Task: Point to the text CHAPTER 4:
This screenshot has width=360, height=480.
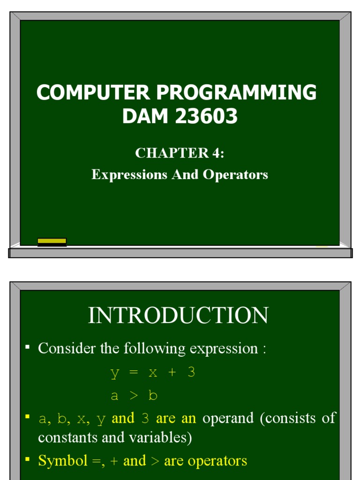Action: pyautogui.click(x=180, y=153)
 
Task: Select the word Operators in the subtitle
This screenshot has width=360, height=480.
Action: pyautogui.click(x=235, y=174)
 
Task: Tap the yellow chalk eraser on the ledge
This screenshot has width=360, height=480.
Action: pyautogui.click(x=52, y=241)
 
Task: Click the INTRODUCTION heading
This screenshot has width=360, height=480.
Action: pyautogui.click(x=178, y=315)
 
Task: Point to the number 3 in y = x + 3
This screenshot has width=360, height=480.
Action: pyautogui.click(x=191, y=373)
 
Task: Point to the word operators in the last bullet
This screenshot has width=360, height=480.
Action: pyautogui.click(x=217, y=461)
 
